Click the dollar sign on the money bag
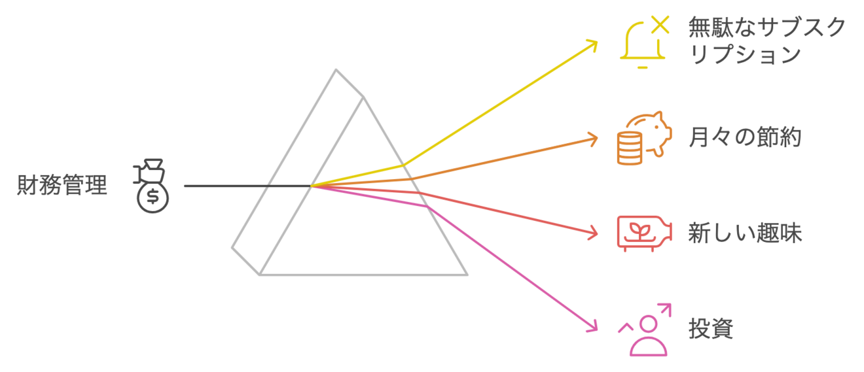pyautogui.click(x=153, y=195)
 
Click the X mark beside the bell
pyautogui.click(x=660, y=25)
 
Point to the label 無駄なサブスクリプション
pyautogui.click(x=766, y=41)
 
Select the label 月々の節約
pyautogui.click(x=744, y=138)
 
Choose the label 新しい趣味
pyautogui.click(x=744, y=233)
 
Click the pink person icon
pyautogui.click(x=647, y=336)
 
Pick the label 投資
pyautogui.click(x=710, y=329)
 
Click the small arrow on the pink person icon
pyautogui.click(x=666, y=307)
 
